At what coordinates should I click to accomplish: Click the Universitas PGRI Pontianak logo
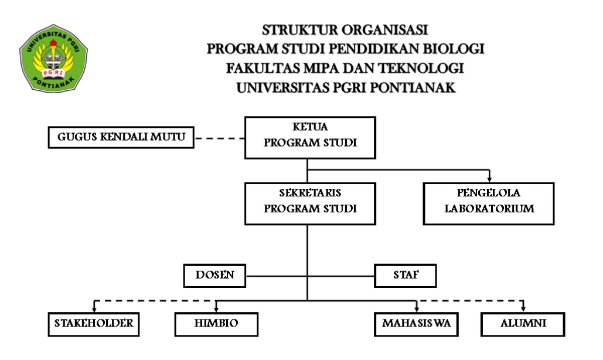pos(53,59)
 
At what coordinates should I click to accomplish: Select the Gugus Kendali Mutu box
pos(121,137)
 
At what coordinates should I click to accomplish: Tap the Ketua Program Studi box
pos(310,138)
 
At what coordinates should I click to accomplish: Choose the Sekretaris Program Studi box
pos(310,204)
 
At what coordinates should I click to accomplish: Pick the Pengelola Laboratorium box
pos(489,204)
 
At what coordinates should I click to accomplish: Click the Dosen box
pos(214,276)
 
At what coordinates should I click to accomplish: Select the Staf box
pos(406,276)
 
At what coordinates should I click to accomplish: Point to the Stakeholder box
pos(94,324)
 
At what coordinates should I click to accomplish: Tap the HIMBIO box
pos(216,324)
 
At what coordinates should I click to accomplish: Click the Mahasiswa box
pos(416,324)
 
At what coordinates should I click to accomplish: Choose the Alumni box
pos(523,324)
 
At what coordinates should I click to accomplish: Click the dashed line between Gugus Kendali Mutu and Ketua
pos(220,138)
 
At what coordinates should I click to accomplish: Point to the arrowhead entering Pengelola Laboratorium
pos(489,179)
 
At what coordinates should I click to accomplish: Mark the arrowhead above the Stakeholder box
pos(94,308)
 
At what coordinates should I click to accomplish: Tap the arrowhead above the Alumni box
pos(523,308)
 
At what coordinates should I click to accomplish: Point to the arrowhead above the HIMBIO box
pos(216,308)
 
